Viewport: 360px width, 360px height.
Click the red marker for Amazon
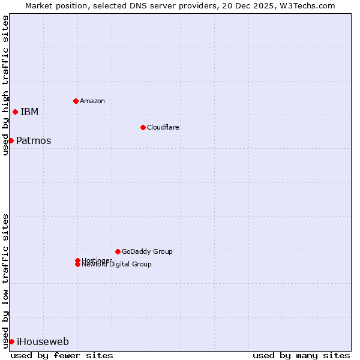point(76,101)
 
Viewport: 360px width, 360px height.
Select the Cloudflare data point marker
point(143,127)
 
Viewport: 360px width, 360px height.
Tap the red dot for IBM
point(15,112)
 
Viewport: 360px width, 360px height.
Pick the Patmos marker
point(11,140)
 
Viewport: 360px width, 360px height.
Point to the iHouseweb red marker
point(11,341)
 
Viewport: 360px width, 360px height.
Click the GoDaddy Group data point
point(118,251)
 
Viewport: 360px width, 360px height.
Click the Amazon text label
point(92,101)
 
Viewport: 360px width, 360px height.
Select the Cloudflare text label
point(163,127)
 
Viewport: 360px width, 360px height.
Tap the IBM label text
point(29,112)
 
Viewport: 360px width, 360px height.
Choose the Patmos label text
point(34,141)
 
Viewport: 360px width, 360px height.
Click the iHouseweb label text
point(43,342)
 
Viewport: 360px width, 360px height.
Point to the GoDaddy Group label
point(147,251)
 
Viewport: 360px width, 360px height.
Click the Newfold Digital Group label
point(117,265)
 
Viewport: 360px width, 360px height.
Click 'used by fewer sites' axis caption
point(62,355)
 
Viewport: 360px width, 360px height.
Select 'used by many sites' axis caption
point(301,355)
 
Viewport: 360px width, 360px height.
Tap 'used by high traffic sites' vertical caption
point(5,85)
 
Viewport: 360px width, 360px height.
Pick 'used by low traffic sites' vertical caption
point(5,281)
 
